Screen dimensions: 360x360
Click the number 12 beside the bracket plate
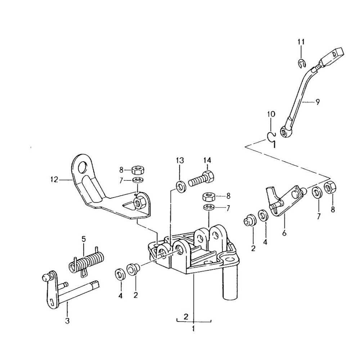(54, 179)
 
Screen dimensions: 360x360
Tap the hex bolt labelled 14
(201, 178)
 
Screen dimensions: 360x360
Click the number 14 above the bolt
(207, 160)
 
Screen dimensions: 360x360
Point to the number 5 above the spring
(84, 238)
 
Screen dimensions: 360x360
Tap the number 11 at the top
(301, 42)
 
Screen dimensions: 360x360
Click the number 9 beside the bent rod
(317, 102)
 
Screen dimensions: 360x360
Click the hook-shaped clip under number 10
(272, 139)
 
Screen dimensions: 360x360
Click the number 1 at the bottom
(193, 328)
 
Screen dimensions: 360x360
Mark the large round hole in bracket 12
(82, 167)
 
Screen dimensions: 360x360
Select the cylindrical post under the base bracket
(231, 284)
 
